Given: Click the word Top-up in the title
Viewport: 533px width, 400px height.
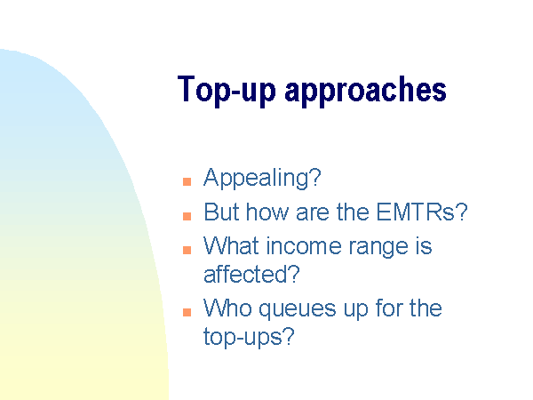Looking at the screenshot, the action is (227, 90).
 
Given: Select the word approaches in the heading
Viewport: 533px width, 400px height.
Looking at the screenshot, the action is (365, 90).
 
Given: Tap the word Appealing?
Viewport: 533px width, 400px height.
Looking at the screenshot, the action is (262, 179).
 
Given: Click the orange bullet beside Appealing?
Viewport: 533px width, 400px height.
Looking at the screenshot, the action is (187, 181).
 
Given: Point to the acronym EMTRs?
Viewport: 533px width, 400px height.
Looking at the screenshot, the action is (422, 212).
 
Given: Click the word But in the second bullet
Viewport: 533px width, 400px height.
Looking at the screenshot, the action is (221, 212).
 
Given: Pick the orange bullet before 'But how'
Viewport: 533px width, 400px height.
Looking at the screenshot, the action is (187, 216).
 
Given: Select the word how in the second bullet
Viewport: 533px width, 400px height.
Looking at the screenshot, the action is (267, 212).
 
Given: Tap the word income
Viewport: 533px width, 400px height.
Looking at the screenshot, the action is (304, 245).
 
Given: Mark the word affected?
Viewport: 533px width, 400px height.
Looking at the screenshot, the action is (251, 274).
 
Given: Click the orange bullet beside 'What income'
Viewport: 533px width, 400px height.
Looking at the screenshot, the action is (187, 250).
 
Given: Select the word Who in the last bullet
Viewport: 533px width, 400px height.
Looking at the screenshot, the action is (227, 308).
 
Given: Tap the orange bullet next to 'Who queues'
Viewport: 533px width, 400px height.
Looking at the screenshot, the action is (187, 312).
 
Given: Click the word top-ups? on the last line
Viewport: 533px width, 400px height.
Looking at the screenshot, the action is (249, 338).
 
